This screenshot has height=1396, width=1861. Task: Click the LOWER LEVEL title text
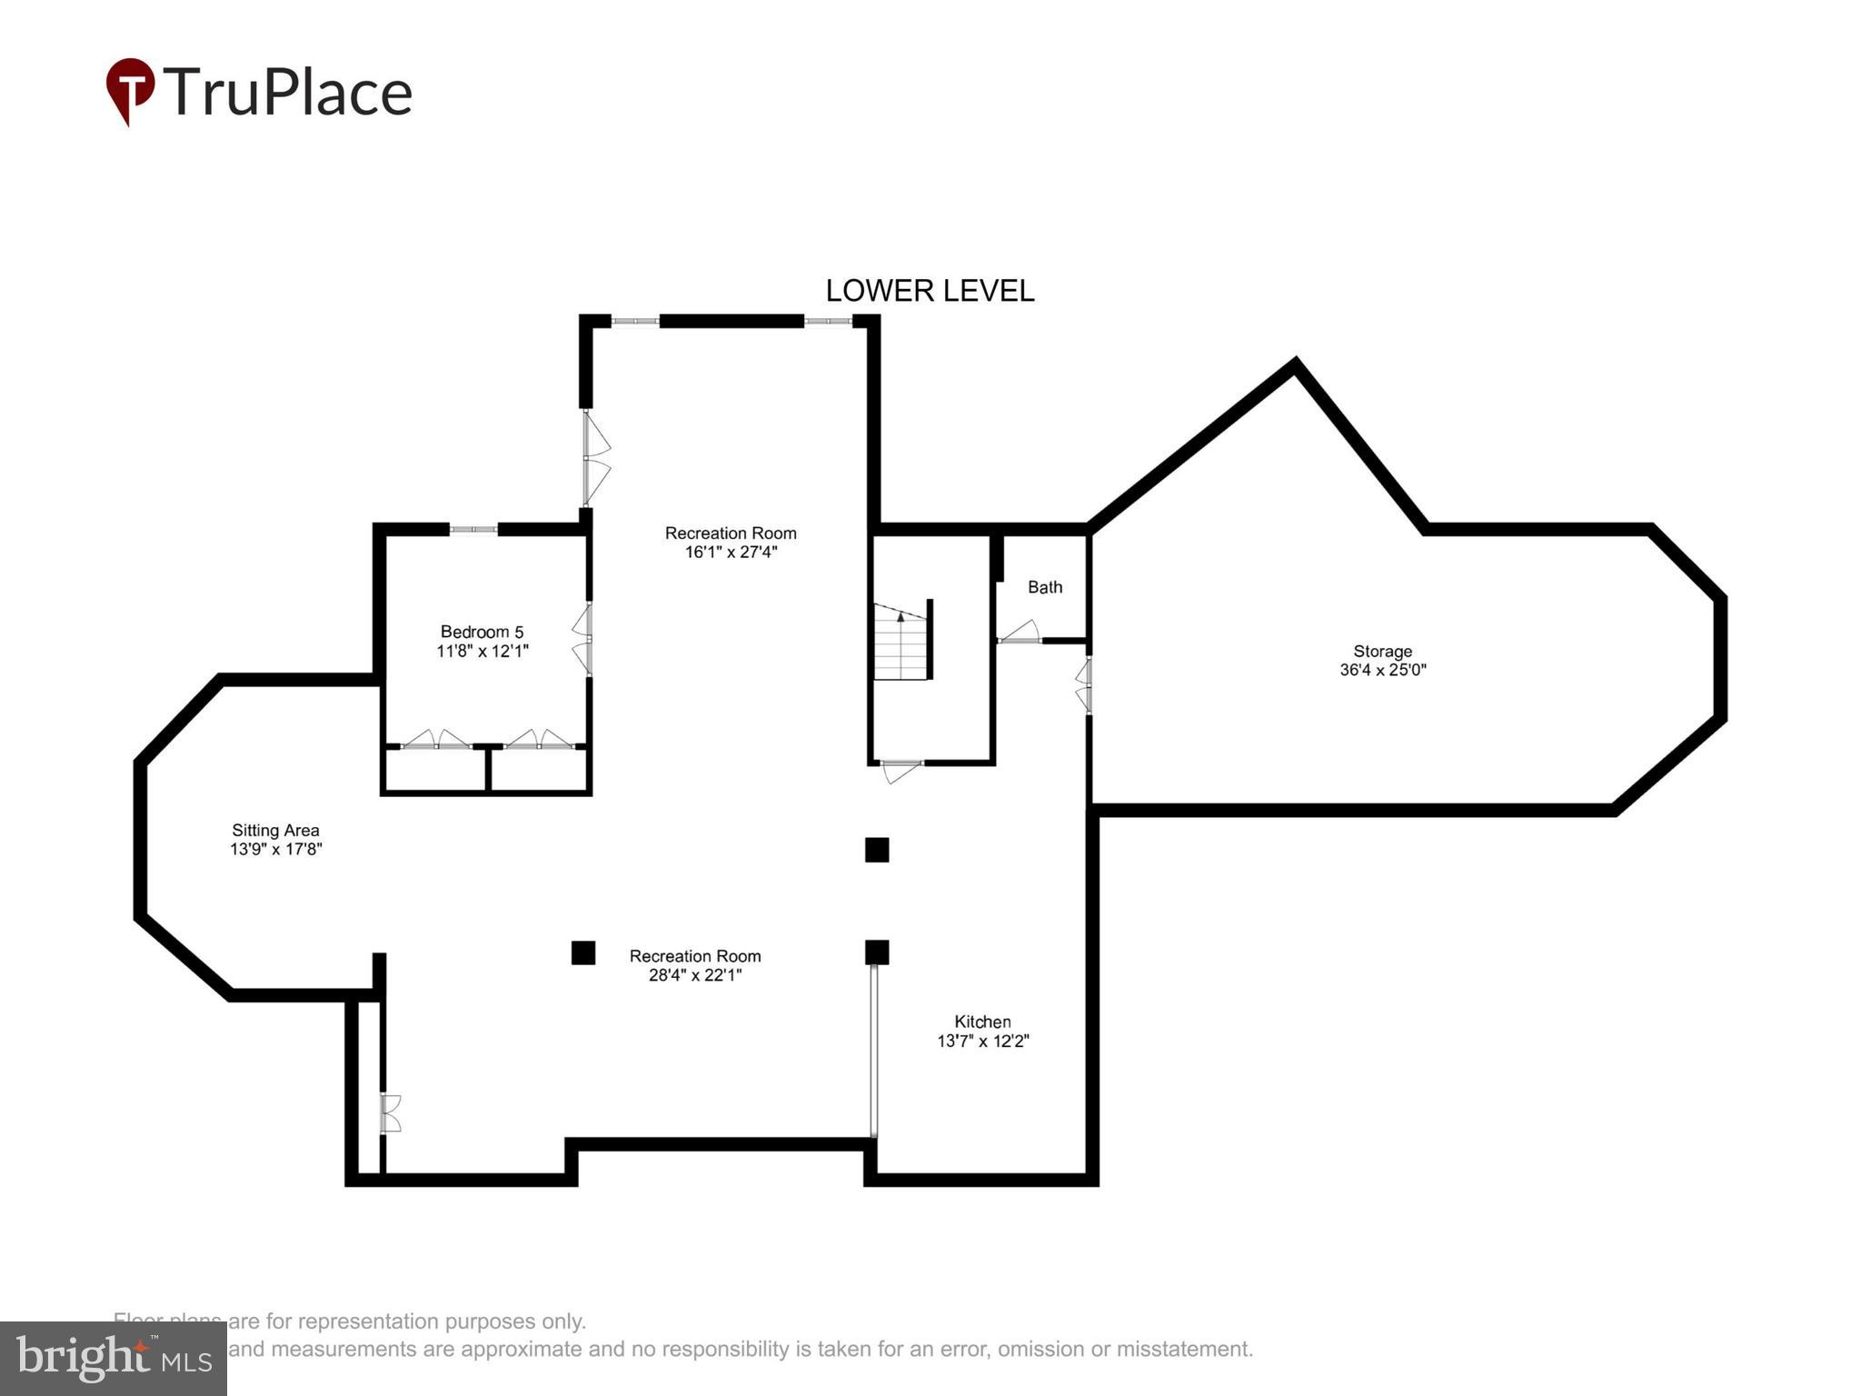929,291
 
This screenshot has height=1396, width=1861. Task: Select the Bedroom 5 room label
482,632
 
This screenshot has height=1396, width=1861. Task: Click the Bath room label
1045,587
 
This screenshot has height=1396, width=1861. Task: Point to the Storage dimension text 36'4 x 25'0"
1382,671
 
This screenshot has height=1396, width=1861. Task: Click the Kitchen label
982,1022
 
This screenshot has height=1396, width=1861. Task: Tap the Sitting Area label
275,830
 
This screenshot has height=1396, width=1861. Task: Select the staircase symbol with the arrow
901,642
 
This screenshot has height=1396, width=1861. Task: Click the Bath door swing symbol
1020,632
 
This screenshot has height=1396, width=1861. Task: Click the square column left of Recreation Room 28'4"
583,952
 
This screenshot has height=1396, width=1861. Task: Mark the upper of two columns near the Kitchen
877,850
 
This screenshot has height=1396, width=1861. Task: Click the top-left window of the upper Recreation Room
634,321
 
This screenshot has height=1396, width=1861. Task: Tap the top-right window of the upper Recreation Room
827,321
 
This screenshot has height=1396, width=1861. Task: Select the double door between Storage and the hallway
1083,685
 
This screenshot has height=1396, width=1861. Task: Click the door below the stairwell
901,771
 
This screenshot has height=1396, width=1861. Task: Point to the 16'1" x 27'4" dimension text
731,553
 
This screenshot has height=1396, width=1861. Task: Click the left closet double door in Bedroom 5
436,740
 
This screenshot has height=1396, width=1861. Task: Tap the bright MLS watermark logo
114,1358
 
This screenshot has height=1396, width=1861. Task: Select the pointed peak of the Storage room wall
1295,364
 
